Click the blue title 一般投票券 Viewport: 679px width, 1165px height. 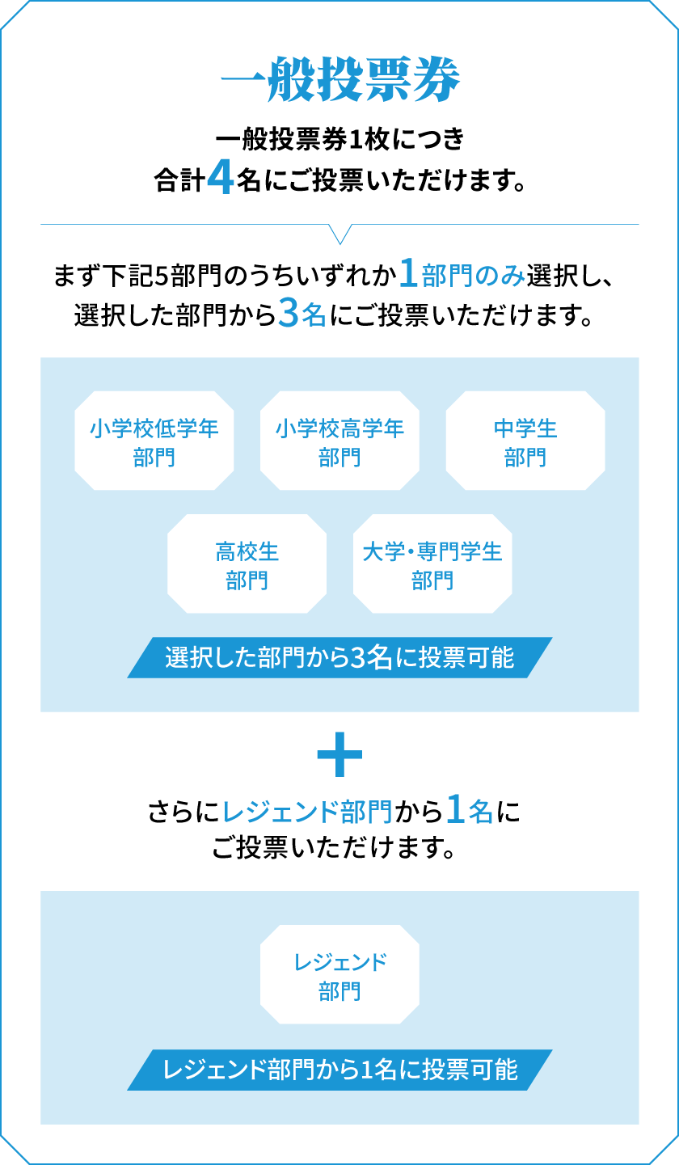(340, 79)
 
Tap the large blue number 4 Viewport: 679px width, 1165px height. (220, 178)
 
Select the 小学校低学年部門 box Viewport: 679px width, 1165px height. (154, 441)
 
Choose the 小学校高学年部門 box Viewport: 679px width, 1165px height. (339, 441)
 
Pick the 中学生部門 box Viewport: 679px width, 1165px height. (525, 441)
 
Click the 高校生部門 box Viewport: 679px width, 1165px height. (247, 564)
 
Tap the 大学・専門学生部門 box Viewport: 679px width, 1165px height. (432, 564)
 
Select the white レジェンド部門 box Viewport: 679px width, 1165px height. (339, 974)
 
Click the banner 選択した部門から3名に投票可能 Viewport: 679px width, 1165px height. (339, 657)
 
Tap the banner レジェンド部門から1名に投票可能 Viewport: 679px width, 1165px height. (339, 1070)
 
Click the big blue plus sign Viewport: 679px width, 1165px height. (339, 754)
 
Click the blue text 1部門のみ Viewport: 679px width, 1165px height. (462, 274)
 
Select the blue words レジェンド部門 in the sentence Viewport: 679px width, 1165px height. (307, 812)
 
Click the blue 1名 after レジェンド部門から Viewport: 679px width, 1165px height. (470, 810)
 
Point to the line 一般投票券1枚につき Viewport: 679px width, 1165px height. (340, 139)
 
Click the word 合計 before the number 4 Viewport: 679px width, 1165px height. (179, 180)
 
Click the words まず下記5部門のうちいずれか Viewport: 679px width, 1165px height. (225, 275)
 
